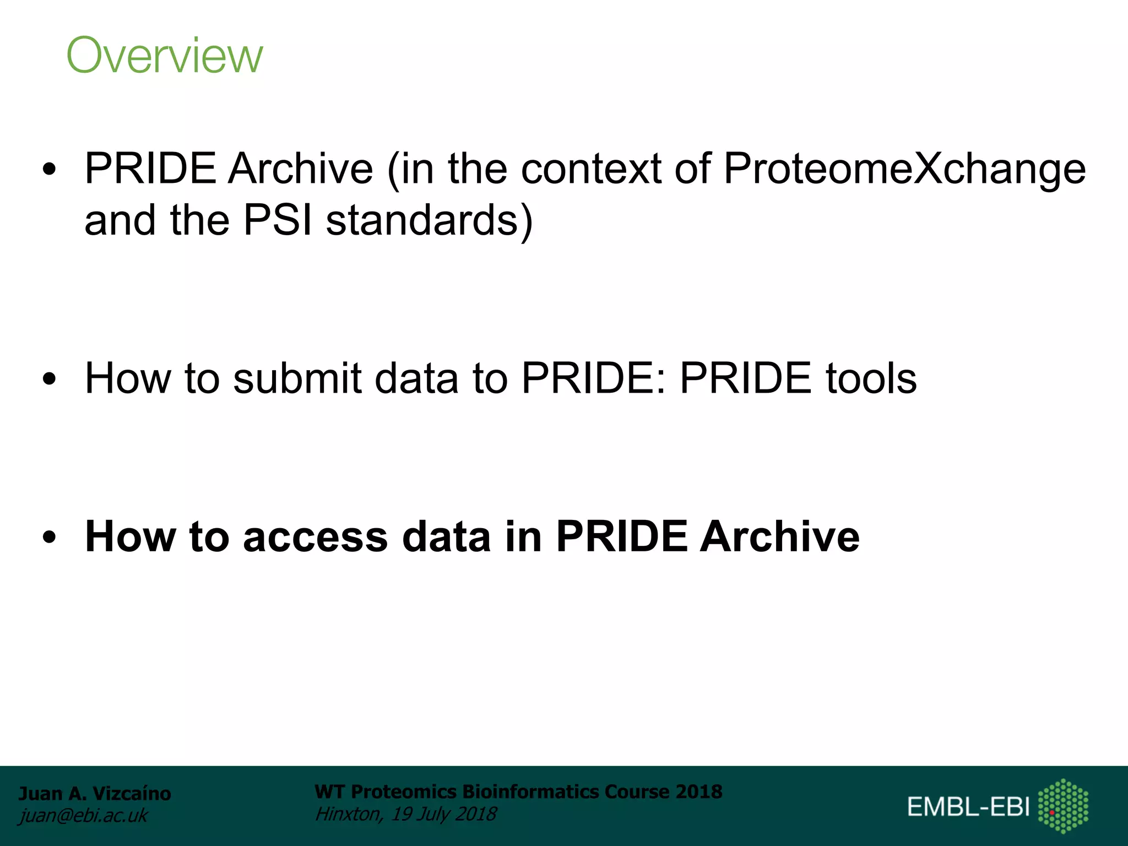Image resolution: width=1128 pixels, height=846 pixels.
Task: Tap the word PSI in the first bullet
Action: point(278,220)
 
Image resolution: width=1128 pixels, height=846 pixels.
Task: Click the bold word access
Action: point(315,536)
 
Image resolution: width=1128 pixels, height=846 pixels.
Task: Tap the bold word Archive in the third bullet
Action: point(779,536)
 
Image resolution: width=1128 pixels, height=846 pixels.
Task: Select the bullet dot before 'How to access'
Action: point(50,537)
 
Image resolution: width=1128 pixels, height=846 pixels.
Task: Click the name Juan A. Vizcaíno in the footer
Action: point(95,794)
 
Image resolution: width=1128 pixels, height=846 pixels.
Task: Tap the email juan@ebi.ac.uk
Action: point(83,816)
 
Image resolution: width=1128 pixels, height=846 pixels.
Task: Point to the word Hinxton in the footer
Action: point(348,814)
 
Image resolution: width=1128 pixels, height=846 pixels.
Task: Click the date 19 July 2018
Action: point(444,814)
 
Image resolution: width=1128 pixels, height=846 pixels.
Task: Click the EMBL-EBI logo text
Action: point(968,807)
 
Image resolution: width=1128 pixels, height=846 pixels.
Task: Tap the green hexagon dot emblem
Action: point(1063,806)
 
